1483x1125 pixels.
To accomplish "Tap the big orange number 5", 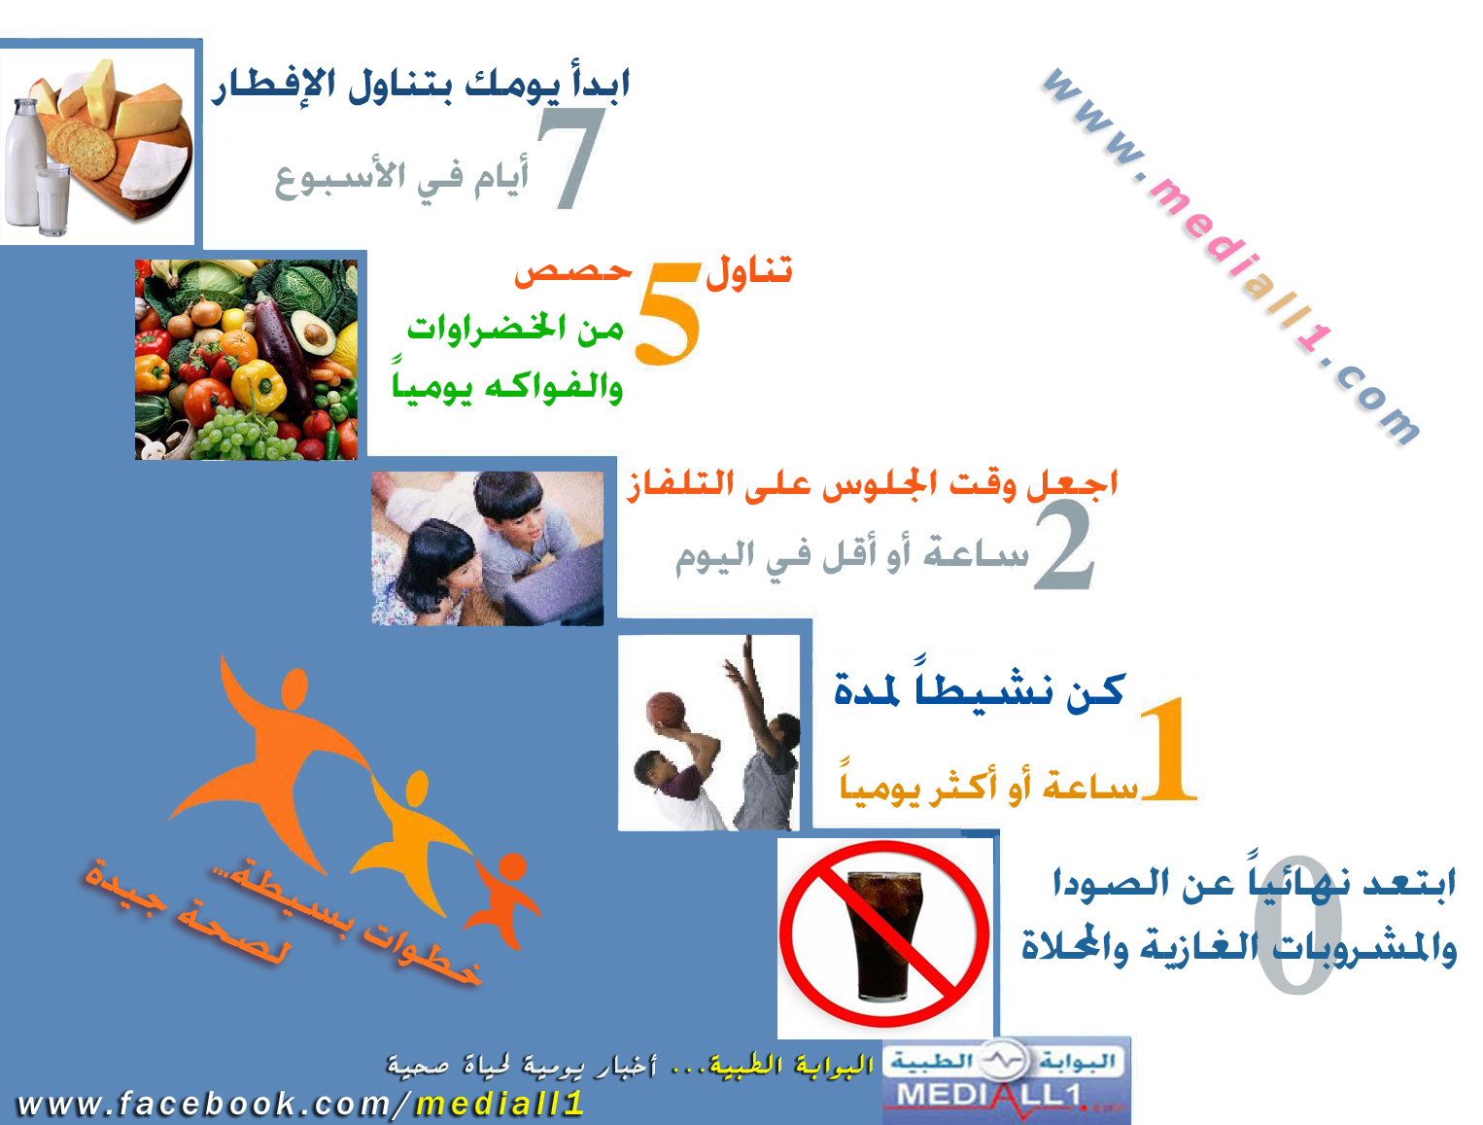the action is pos(668,313).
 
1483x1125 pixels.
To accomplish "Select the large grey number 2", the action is pos(1063,545).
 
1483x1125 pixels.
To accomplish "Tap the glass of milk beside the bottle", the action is pos(53,198).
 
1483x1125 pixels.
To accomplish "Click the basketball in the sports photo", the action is pos(666,710).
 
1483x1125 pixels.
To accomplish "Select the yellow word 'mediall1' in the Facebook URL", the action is pos(500,1104).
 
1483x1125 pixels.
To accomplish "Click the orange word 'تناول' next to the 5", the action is pos(748,273).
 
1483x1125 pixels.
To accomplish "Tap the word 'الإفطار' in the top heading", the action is pos(274,87).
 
